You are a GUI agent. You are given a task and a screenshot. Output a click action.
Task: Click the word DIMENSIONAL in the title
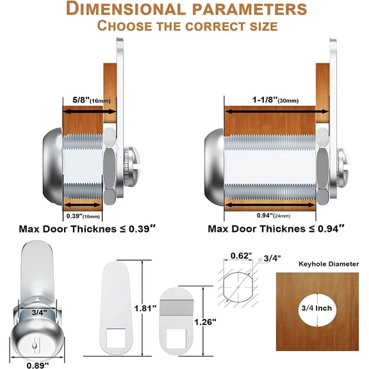click(x=126, y=9)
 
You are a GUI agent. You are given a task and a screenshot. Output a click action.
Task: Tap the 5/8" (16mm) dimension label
click(x=92, y=100)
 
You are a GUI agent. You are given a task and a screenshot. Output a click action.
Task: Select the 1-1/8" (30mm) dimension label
click(x=275, y=100)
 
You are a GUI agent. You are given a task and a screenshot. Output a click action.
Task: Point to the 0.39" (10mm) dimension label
click(x=83, y=216)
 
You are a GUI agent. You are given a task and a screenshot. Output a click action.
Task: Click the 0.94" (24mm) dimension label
click(x=273, y=215)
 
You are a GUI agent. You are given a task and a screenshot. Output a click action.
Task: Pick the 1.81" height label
click(x=145, y=308)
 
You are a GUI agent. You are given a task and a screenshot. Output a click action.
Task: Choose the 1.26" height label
click(x=205, y=322)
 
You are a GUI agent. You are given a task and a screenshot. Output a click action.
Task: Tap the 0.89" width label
click(x=38, y=365)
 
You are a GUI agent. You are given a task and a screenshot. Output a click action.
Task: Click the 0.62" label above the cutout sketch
click(x=241, y=256)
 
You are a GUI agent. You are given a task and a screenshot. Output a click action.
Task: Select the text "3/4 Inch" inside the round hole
click(x=316, y=308)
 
